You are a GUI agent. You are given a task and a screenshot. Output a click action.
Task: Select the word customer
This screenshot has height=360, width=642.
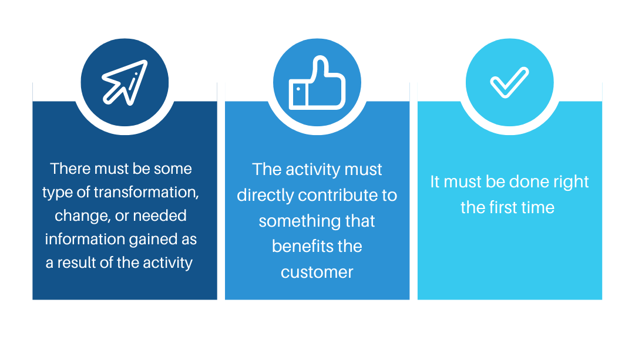[x=317, y=272]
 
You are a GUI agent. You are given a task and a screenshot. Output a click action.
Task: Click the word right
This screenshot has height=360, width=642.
[x=567, y=181]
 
